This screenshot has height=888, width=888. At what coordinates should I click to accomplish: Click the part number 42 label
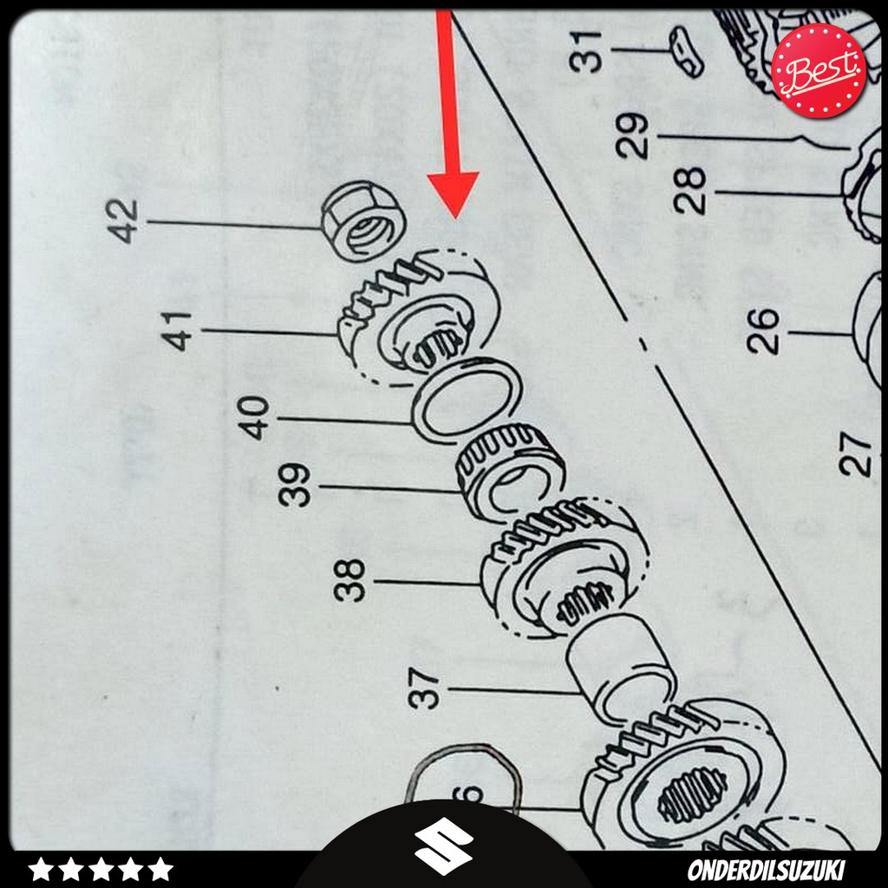click(125, 221)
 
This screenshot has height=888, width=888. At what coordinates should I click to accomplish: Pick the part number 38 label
click(351, 580)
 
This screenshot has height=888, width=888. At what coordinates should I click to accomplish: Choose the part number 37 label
click(428, 689)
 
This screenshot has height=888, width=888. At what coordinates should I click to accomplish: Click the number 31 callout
click(590, 50)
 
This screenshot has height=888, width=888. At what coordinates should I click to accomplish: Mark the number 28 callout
click(691, 191)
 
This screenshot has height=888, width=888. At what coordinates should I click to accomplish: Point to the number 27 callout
click(857, 454)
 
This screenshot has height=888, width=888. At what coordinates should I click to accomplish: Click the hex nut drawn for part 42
click(363, 221)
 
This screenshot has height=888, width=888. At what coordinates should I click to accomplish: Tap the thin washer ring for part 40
click(466, 400)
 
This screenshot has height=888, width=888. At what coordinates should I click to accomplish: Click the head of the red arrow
click(454, 195)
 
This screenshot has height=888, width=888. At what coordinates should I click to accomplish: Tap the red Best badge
click(818, 70)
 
